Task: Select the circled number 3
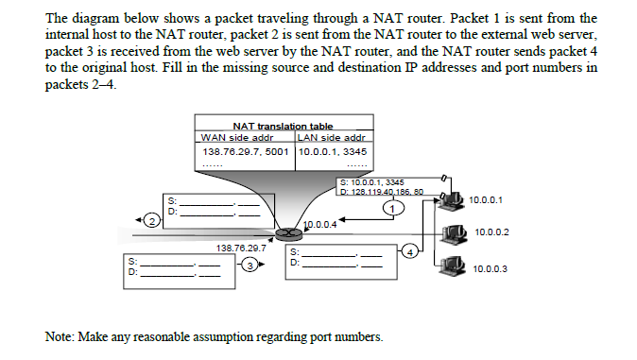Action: click(249, 267)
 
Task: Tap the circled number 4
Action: click(408, 251)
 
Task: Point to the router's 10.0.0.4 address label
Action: click(318, 224)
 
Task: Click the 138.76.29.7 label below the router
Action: click(239, 248)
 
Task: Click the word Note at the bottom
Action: click(60, 336)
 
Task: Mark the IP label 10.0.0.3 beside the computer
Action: click(489, 268)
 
